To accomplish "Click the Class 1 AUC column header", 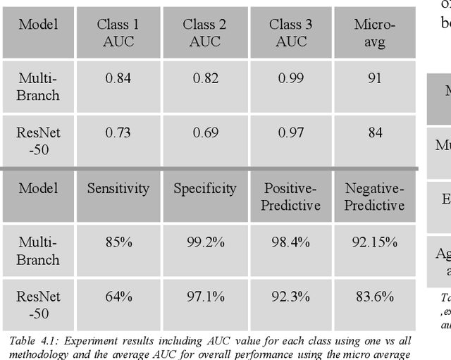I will pyautogui.click(x=118, y=33).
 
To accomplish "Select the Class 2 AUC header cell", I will pyautogui.click(x=204, y=33).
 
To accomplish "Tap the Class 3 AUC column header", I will pyautogui.click(x=291, y=33).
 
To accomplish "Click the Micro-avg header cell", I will pyautogui.click(x=375, y=33).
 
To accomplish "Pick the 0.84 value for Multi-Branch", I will pyautogui.click(x=118, y=78).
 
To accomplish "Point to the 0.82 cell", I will pyautogui.click(x=204, y=78).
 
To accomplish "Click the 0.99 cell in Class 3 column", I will pyautogui.click(x=291, y=78).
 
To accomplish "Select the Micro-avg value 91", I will pyautogui.click(x=375, y=78).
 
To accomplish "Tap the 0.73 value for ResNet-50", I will pyautogui.click(x=118, y=132).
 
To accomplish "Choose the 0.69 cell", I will pyautogui.click(x=204, y=132).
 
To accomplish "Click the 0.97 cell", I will pyautogui.click(x=291, y=132).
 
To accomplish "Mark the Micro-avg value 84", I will pyautogui.click(x=375, y=132).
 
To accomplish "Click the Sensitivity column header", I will pyautogui.click(x=118, y=188).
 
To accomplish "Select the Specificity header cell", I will pyautogui.click(x=204, y=188).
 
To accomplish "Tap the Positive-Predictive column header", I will pyautogui.click(x=291, y=197).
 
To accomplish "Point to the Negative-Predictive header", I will pyautogui.click(x=375, y=197).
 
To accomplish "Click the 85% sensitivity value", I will pyautogui.click(x=118, y=242).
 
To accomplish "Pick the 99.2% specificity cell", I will pyautogui.click(x=204, y=242).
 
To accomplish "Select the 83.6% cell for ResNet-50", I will pyautogui.click(x=375, y=297).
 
